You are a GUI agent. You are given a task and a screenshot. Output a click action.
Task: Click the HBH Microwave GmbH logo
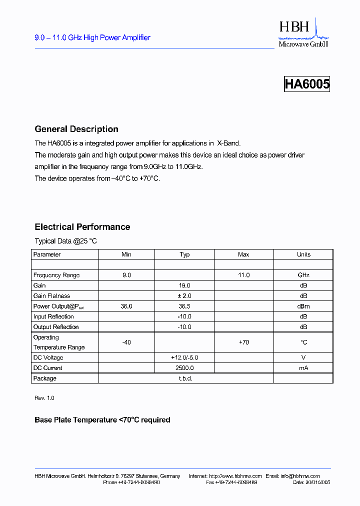(x=303, y=33)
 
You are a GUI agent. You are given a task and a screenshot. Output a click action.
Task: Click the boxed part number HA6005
(x=307, y=84)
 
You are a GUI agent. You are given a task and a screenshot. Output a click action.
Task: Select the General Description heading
(x=76, y=129)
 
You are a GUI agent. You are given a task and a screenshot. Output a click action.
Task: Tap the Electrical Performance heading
(x=82, y=227)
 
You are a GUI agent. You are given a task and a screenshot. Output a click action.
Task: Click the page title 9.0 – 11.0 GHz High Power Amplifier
(x=92, y=37)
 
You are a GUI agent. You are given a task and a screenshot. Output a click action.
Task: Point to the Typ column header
(x=184, y=254)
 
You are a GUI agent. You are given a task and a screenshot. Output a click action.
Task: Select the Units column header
(x=303, y=254)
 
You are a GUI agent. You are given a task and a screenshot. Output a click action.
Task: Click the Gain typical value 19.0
(x=184, y=285)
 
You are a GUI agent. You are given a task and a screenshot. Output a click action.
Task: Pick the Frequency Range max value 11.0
(x=243, y=275)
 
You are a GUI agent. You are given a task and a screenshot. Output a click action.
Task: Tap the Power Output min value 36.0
(x=126, y=306)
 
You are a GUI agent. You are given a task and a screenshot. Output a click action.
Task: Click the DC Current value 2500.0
(x=184, y=368)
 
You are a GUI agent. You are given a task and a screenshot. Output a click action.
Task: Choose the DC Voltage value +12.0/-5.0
(x=184, y=357)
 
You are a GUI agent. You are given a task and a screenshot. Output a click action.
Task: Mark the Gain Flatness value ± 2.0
(x=184, y=296)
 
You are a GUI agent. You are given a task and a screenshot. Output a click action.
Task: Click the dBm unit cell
(x=303, y=306)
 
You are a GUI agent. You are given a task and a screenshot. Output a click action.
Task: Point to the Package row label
(x=45, y=378)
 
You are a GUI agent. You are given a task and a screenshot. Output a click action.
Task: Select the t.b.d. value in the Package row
(x=184, y=378)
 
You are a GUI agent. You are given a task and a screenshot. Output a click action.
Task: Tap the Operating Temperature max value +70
(x=243, y=342)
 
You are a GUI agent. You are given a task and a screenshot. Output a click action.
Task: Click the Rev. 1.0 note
(x=44, y=398)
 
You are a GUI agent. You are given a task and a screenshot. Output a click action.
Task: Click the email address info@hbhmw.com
(x=298, y=476)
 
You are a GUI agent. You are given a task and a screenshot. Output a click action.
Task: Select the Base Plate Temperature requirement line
(x=102, y=420)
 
